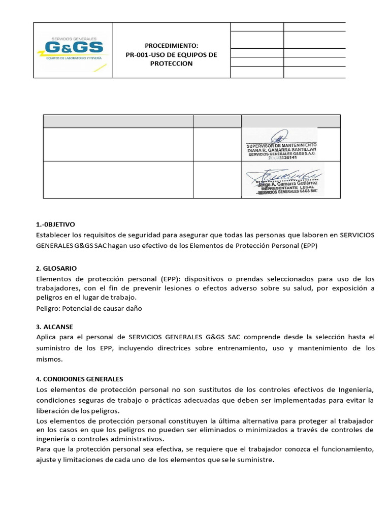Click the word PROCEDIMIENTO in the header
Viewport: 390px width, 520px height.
[x=172, y=45]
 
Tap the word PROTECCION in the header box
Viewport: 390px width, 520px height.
[x=172, y=63]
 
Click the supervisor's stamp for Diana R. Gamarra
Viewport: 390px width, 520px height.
[x=281, y=144]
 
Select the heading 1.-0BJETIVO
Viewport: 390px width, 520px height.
[x=56, y=224]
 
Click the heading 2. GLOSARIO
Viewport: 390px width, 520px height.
[x=56, y=268]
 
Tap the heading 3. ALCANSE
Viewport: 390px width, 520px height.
[x=55, y=327]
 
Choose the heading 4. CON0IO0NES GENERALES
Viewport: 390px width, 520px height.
[x=80, y=379]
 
